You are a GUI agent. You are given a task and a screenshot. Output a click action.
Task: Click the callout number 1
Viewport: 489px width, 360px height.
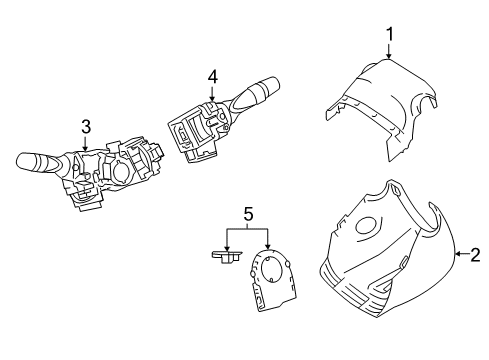(x=389, y=34)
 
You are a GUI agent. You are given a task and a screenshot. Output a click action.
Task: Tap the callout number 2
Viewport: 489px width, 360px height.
(x=475, y=255)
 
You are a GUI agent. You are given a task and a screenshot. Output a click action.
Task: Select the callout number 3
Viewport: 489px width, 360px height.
(x=86, y=127)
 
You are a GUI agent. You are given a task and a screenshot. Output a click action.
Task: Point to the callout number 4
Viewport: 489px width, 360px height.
(x=213, y=77)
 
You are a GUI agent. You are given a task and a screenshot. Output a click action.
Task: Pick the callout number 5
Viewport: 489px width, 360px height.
(x=248, y=214)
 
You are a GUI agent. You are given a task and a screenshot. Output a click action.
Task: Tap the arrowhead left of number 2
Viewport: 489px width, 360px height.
(x=459, y=254)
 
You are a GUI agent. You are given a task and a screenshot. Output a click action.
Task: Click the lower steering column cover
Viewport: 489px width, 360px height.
(x=387, y=253)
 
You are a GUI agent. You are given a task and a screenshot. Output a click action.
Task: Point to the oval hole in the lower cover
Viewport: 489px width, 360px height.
(x=367, y=226)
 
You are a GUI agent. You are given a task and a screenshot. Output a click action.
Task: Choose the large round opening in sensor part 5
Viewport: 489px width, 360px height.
(x=272, y=269)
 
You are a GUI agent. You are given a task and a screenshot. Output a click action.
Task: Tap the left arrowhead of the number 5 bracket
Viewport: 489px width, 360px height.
(x=227, y=248)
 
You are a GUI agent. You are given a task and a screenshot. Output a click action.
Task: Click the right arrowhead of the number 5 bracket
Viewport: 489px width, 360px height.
(x=268, y=246)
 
